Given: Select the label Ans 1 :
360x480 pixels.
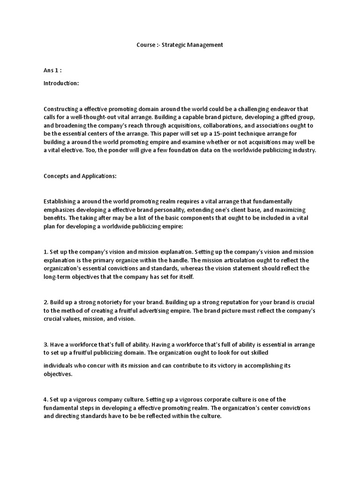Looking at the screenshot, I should (x=52, y=70).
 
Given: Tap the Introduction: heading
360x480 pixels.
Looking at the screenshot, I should (x=61, y=83).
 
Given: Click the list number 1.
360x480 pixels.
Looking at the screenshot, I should (x=45, y=252).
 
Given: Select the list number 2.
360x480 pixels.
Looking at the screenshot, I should (x=45, y=302).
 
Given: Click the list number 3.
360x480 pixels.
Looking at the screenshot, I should (x=45, y=345).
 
